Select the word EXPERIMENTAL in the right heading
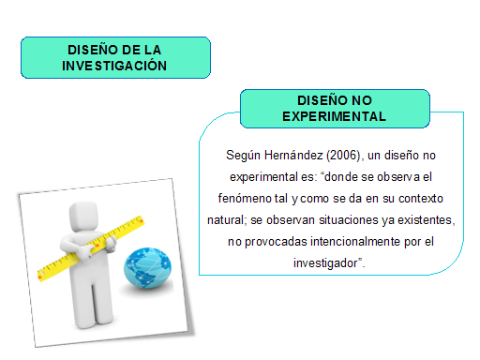tap(335, 116)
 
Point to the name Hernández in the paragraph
tap(295, 153)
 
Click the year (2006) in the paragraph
tap(346, 153)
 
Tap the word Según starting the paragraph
tap(245, 153)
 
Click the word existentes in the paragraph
tap(419, 220)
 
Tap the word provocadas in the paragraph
tap(267, 242)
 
